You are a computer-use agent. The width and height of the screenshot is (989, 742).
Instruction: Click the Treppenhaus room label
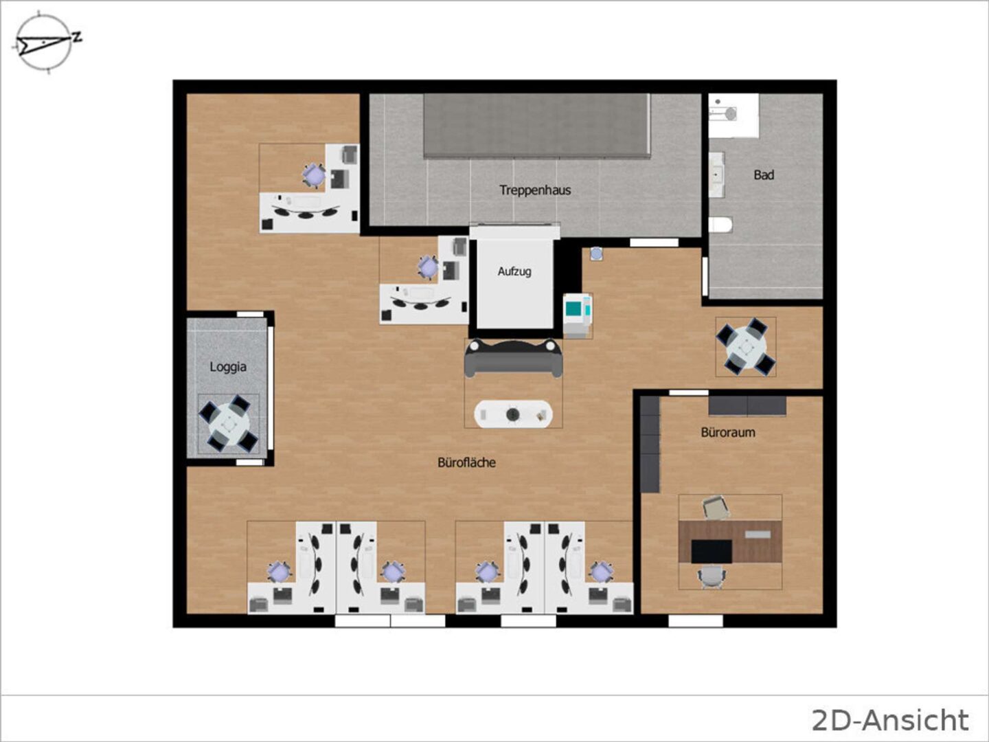[x=535, y=190]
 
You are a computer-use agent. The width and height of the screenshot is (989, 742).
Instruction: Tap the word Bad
[x=764, y=175]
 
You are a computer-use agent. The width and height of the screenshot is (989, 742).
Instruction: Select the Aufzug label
[x=514, y=271]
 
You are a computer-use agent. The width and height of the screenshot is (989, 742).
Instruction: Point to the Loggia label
[x=228, y=367]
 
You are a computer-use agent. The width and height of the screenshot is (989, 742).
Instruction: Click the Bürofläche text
[x=466, y=462]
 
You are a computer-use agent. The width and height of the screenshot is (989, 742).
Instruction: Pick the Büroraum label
[x=727, y=433]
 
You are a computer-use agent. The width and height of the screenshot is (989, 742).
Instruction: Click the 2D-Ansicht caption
[x=890, y=720]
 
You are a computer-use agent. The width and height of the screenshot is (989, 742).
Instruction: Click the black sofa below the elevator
[x=514, y=358]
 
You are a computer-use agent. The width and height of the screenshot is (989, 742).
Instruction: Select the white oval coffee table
[x=513, y=414]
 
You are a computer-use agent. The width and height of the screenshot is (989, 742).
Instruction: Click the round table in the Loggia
[x=229, y=424]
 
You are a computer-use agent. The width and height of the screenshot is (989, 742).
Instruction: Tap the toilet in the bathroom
[x=720, y=225]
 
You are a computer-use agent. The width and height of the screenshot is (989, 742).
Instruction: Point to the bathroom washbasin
[x=716, y=174]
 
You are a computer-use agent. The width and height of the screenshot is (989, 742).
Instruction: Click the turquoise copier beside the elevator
[x=578, y=310]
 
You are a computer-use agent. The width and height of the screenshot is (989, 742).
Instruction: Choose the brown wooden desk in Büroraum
[x=730, y=541]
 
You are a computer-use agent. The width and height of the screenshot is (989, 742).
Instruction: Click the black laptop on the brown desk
[x=712, y=552]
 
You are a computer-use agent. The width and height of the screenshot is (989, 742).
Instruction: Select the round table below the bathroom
[x=746, y=347]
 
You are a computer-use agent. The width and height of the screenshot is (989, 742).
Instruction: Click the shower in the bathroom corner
[x=734, y=115]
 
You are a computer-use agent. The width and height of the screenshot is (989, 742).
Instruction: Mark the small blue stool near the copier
[x=596, y=254]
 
